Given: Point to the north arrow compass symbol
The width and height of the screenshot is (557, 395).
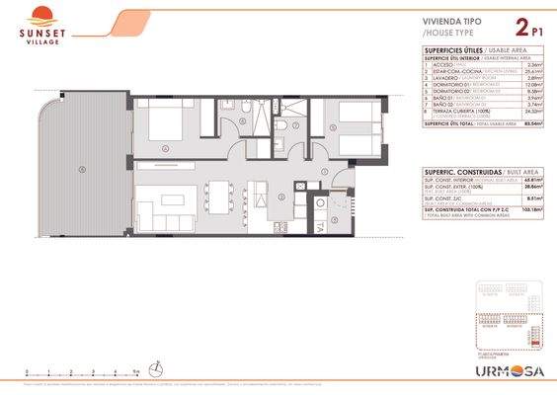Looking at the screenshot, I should coord(156,369).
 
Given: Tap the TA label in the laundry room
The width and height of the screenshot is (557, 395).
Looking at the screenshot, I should coord(321,226).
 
